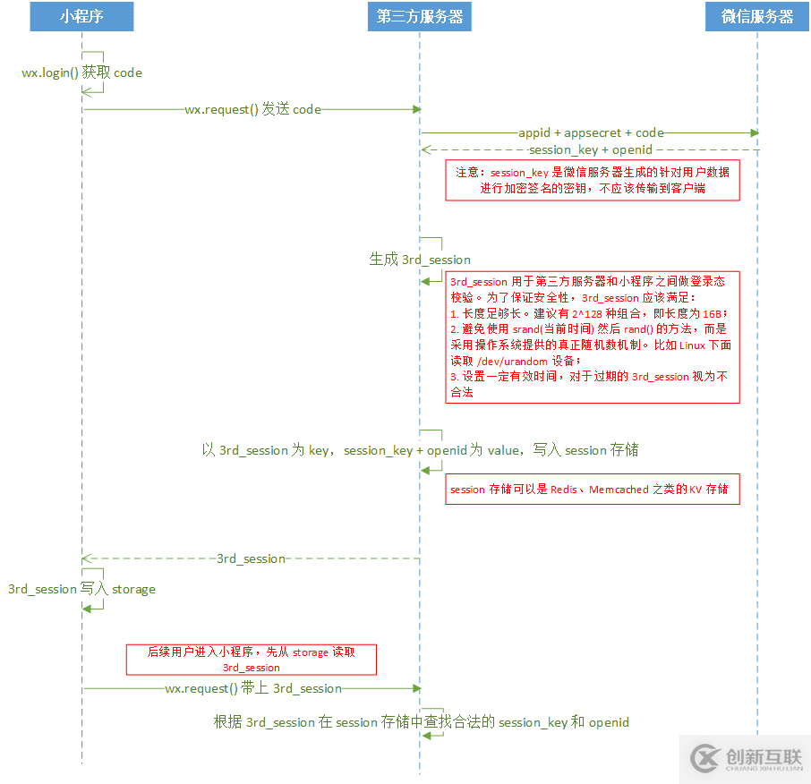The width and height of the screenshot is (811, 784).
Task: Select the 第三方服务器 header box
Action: tap(419, 17)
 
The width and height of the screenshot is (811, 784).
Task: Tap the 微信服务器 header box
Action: tap(757, 17)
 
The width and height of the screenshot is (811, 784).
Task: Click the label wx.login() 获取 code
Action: tap(81, 72)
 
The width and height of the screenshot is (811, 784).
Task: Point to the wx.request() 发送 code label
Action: tap(252, 109)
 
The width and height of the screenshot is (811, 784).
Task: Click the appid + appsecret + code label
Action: tap(591, 132)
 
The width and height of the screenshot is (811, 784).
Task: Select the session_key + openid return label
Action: tap(591, 149)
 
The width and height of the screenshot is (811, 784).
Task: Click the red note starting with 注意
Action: tap(593, 180)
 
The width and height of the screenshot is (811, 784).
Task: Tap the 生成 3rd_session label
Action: tap(420, 260)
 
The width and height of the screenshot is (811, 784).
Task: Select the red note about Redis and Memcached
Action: tap(593, 490)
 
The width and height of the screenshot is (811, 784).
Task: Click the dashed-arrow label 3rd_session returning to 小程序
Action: tap(251, 558)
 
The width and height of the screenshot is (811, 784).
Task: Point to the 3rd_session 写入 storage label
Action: tap(81, 590)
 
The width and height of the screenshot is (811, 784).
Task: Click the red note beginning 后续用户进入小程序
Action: tap(251, 660)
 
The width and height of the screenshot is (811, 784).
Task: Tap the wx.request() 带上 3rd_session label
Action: tap(253, 688)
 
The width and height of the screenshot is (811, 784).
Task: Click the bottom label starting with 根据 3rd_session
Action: tap(421, 722)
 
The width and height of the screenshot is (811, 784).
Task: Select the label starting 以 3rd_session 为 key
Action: tap(420, 450)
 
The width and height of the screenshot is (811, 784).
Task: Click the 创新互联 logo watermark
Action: tap(743, 760)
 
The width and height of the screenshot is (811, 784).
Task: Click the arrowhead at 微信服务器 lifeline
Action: tap(755, 133)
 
